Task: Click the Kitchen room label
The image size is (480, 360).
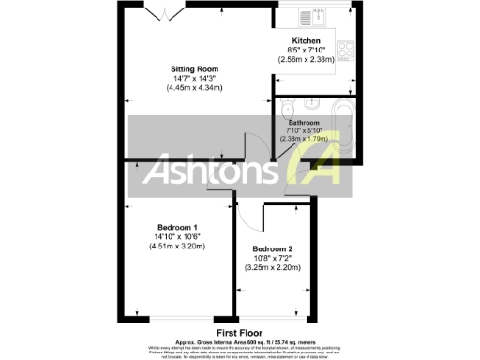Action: [307, 42]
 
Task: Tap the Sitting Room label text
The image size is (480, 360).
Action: [195, 69]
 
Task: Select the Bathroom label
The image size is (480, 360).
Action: [304, 123]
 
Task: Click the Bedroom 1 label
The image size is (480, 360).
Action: [177, 228]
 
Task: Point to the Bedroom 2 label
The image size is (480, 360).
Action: [277, 248]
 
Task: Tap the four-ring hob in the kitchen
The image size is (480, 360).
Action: [342, 47]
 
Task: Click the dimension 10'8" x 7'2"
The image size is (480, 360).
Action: [277, 258]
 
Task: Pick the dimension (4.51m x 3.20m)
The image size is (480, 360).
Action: [177, 247]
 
